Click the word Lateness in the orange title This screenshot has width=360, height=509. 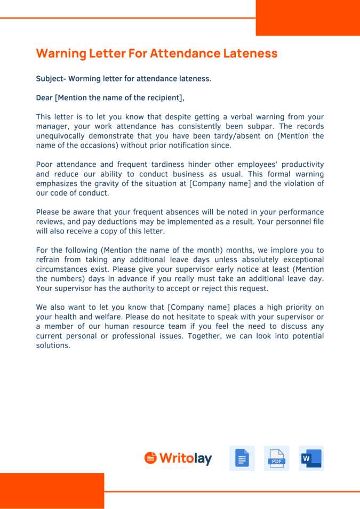click(x=250, y=53)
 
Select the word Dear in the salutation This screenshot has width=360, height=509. click(x=44, y=98)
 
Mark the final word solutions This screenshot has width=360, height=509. click(x=53, y=345)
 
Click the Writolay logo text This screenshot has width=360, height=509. click(x=186, y=458)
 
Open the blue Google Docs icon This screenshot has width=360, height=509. click(x=242, y=458)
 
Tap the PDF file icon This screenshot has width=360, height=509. click(x=276, y=458)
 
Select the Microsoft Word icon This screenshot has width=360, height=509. click(x=311, y=458)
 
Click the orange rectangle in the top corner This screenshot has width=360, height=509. click(x=308, y=18)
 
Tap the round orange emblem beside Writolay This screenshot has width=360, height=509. click(x=150, y=458)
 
